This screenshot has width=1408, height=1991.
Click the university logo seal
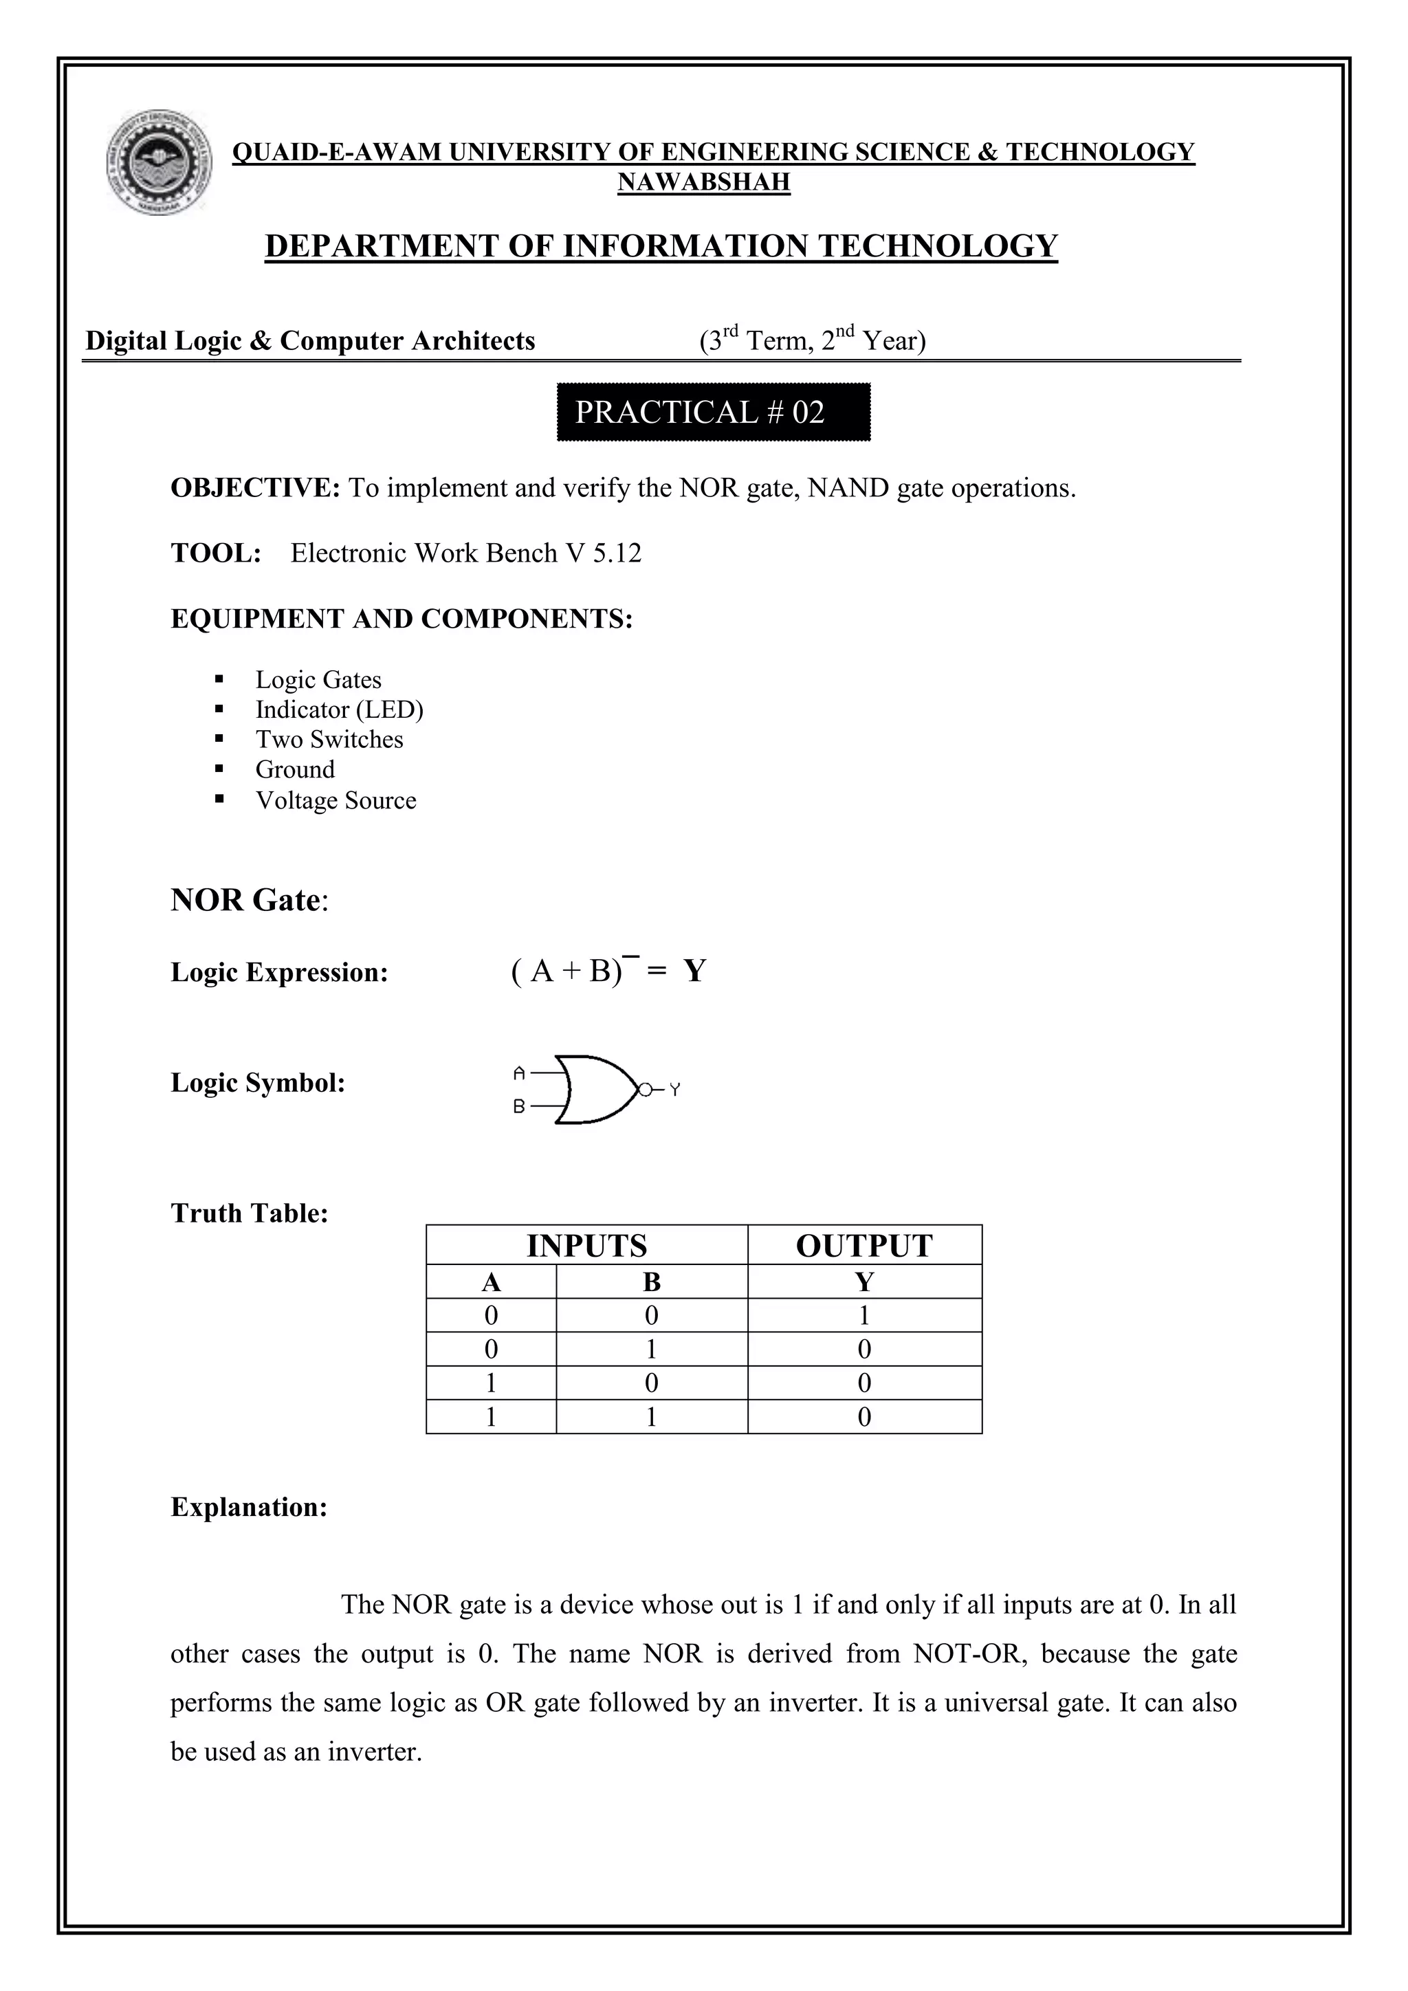click(159, 162)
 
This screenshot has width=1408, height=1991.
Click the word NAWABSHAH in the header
click(703, 182)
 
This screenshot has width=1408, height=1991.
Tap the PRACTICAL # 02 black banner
click(713, 412)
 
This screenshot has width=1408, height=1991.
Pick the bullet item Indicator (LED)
click(339, 710)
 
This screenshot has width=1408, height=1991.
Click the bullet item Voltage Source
click(335, 800)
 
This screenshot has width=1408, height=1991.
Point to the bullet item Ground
click(295, 770)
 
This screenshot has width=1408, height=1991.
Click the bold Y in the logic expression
click(694, 971)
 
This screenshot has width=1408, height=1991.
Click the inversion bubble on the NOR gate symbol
click(644, 1089)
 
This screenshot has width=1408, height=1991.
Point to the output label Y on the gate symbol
click(675, 1090)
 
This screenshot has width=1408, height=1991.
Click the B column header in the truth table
click(651, 1281)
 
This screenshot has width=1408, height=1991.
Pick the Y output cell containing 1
click(863, 1315)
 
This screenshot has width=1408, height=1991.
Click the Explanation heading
click(249, 1507)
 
